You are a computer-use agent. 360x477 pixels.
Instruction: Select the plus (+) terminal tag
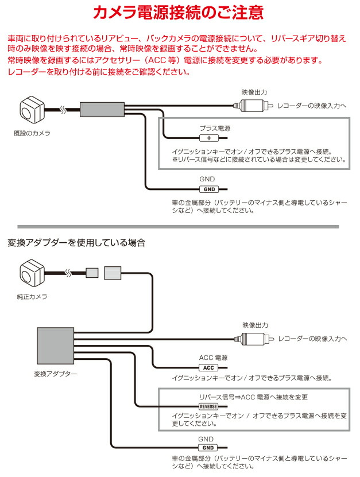[x=209, y=138]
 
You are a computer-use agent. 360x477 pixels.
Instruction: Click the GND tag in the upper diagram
[x=209, y=189]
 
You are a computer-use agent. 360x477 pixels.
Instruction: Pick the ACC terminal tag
[x=209, y=367]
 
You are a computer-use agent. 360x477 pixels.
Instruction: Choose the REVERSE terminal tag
[x=209, y=406]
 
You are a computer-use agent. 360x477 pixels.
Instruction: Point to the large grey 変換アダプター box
[x=55, y=346]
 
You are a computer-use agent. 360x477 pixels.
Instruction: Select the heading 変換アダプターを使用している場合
[x=76, y=242]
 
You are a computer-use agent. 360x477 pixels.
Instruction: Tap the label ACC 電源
[x=213, y=357]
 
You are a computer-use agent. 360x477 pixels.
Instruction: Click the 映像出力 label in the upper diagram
[x=254, y=91]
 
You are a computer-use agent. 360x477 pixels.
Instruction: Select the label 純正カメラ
[x=33, y=297]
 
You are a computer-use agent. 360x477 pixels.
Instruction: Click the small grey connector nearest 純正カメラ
[x=92, y=273]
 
